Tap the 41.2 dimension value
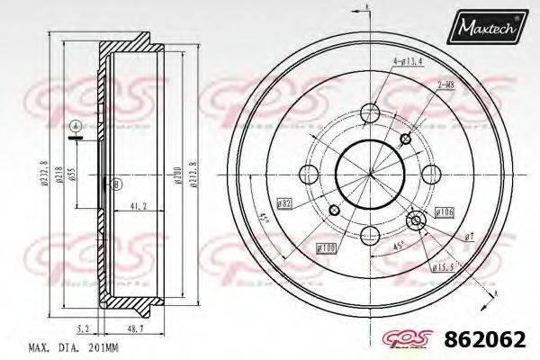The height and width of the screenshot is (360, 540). (139, 206)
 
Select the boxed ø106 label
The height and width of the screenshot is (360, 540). (444, 211)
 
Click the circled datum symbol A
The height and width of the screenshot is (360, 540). (76, 124)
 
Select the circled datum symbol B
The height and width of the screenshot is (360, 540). (114, 184)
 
